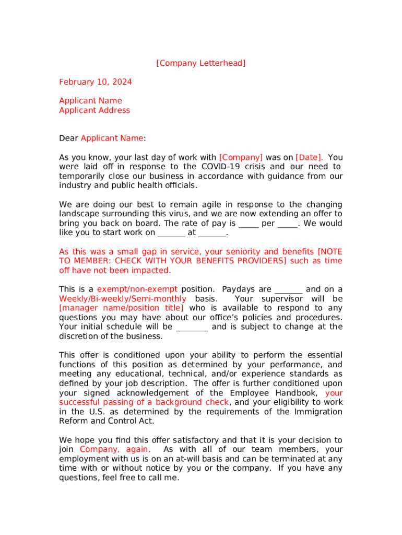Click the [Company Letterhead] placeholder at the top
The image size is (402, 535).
tap(200, 63)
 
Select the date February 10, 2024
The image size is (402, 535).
tap(95, 82)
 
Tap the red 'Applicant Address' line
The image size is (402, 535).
tap(94, 110)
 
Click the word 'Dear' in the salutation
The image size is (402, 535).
tap(68, 138)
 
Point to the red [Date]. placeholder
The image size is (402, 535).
tap(309, 157)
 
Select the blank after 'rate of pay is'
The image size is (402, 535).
tap(249, 224)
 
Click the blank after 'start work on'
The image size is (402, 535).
tap(171, 234)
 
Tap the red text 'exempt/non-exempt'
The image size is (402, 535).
tap(137, 289)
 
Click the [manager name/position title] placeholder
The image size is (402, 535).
tap(122, 308)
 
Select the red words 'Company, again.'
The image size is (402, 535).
tap(115, 449)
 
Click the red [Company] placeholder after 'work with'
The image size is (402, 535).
tap(241, 157)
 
